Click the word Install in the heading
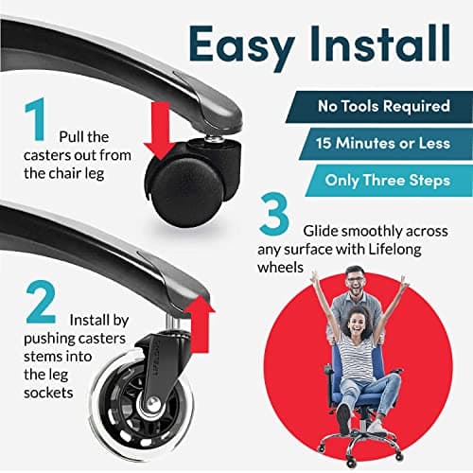pyautogui.click(x=380, y=43)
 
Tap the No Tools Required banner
pyautogui.click(x=378, y=107)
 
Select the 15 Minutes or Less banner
pyautogui.click(x=385, y=144)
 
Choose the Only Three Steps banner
pyautogui.click(x=389, y=181)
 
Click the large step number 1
pyautogui.click(x=36, y=119)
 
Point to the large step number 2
pyautogui.click(x=41, y=302)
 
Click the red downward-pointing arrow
pyautogui.click(x=160, y=131)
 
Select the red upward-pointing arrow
pyautogui.click(x=200, y=324)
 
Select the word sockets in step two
pyautogui.click(x=48, y=393)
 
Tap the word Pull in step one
pyautogui.click(x=72, y=137)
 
